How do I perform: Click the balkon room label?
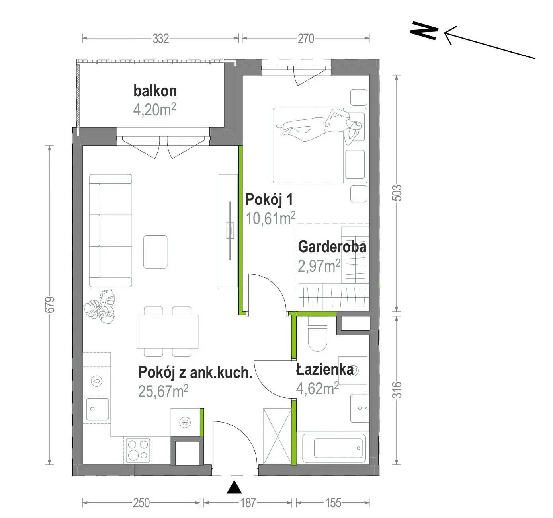(x=155, y=91)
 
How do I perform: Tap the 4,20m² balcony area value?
(x=154, y=110)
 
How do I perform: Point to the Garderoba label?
(x=332, y=247)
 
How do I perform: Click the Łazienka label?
(x=324, y=369)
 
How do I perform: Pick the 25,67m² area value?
(x=163, y=391)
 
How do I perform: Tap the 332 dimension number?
(x=161, y=39)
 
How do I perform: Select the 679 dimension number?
(x=51, y=305)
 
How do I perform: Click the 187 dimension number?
(x=248, y=503)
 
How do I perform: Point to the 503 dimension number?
(x=397, y=193)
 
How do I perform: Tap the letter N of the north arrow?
(x=424, y=31)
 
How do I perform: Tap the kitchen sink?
(x=97, y=409)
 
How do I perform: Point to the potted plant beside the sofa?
(x=100, y=306)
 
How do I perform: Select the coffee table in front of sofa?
(x=155, y=251)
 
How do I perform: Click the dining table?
(x=167, y=331)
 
